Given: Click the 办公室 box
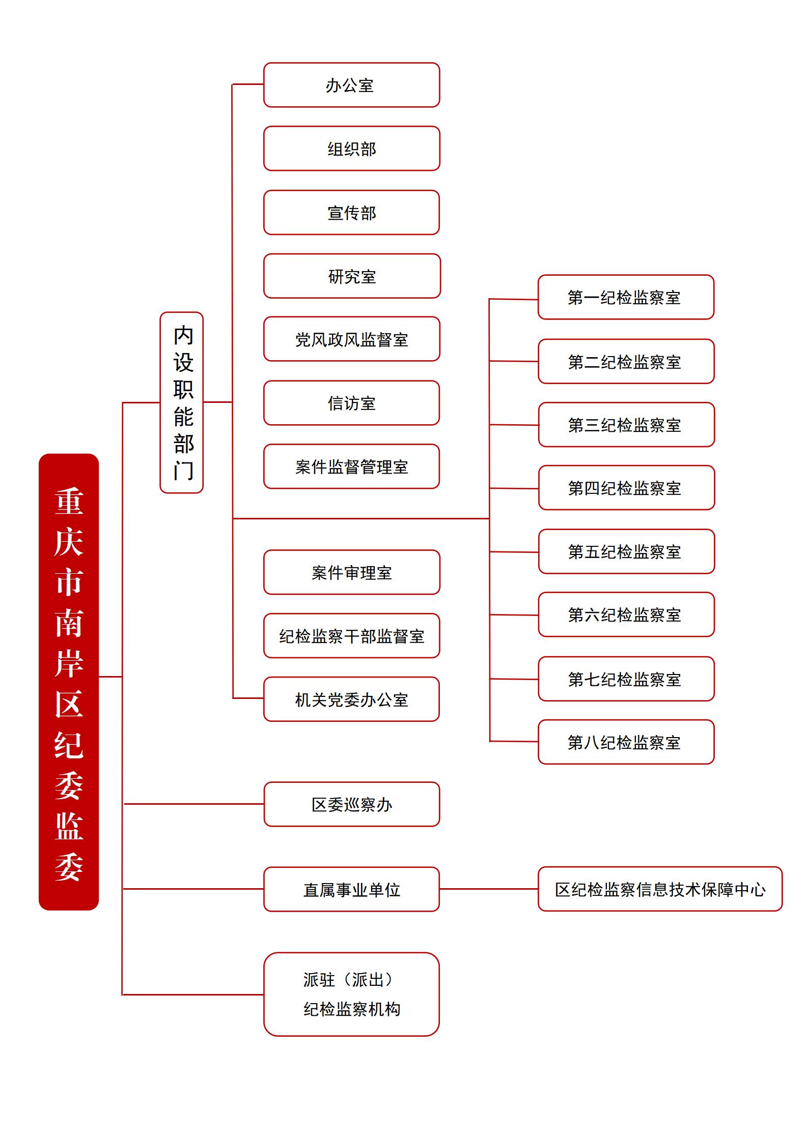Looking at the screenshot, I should (x=351, y=85).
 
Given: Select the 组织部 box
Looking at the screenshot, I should (x=351, y=149).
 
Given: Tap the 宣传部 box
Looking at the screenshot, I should (x=351, y=213).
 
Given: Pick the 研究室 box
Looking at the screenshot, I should (x=351, y=276).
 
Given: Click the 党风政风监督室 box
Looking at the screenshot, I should (x=351, y=339).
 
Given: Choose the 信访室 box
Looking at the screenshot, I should (x=351, y=403).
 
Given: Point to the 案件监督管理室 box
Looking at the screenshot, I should (x=351, y=466).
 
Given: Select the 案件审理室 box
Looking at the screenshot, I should (x=351, y=572).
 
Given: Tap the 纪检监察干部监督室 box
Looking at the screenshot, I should (x=351, y=636).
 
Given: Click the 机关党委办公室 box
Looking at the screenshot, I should (x=351, y=699).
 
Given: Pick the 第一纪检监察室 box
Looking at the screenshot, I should (x=626, y=297).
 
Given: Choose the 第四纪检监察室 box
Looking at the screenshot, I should (x=626, y=488).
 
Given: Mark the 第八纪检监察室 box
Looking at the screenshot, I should (x=626, y=742).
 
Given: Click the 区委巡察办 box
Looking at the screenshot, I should (x=351, y=804).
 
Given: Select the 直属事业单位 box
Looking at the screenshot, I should (x=351, y=889).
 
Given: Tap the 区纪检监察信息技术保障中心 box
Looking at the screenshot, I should (x=660, y=889).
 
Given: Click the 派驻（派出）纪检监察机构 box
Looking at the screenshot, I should (x=351, y=994).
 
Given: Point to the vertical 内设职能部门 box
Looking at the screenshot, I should (x=182, y=403).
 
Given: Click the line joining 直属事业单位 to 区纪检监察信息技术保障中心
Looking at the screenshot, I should (x=489, y=889).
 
